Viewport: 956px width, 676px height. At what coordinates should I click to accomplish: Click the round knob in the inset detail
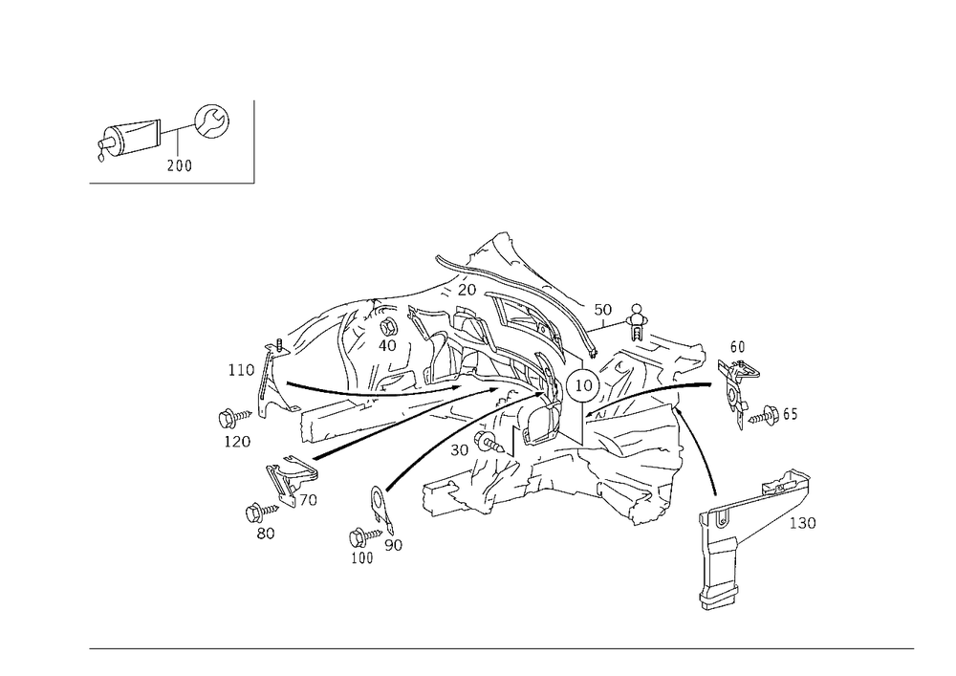(x=214, y=120)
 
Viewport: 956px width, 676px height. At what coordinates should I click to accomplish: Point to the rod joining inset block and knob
(x=174, y=126)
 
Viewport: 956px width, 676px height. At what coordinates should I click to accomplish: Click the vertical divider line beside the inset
(x=256, y=141)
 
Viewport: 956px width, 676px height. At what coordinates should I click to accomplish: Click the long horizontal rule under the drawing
(x=502, y=647)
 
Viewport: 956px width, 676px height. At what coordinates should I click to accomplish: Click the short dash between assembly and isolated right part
(x=706, y=387)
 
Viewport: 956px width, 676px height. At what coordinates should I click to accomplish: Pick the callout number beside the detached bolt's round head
(x=806, y=521)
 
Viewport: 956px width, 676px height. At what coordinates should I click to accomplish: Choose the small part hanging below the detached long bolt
(x=719, y=586)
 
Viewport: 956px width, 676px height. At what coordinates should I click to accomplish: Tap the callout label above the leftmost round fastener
(x=238, y=367)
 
